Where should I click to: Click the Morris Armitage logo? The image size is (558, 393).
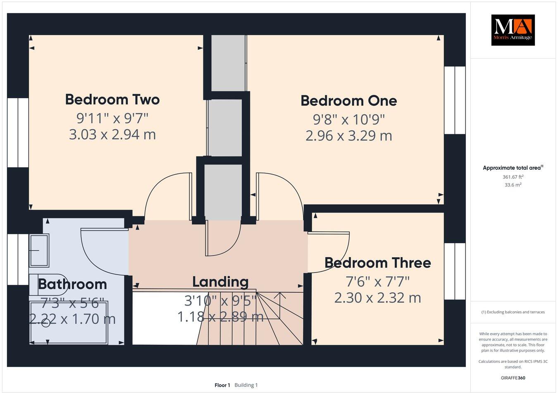[513, 30]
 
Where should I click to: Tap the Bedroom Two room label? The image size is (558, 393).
[112, 99]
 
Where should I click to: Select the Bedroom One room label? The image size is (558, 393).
[348, 101]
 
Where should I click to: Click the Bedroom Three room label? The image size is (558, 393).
[377, 263]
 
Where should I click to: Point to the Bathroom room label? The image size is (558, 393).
[72, 284]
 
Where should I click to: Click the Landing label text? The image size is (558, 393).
[220, 282]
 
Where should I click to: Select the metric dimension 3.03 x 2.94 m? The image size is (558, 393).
[112, 135]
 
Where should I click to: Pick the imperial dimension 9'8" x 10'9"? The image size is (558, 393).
[348, 119]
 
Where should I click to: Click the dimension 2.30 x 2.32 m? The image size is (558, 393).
[377, 298]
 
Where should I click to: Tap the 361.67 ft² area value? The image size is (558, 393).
[513, 177]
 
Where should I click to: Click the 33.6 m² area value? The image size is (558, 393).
[513, 185]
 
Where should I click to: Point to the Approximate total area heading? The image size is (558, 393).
[513, 168]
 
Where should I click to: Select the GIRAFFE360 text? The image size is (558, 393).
[513, 378]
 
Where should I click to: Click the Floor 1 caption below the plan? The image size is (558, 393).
[222, 385]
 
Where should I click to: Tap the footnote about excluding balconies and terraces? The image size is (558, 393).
[513, 312]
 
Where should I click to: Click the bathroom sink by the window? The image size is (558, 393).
[39, 250]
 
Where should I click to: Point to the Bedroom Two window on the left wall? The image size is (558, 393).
[18, 133]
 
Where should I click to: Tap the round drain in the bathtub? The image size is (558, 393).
[46, 323]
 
